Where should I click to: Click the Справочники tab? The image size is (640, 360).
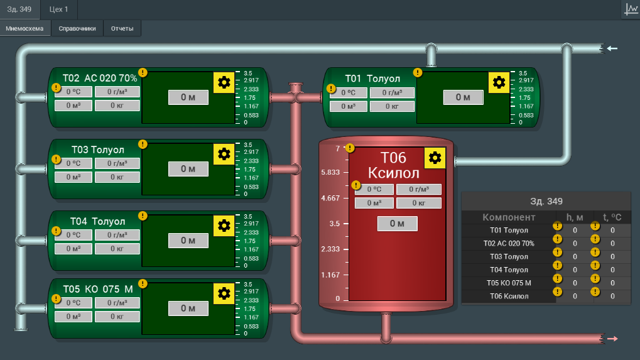click(x=77, y=28)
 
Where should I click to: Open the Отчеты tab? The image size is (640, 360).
click(x=122, y=28)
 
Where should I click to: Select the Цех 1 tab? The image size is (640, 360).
click(x=59, y=9)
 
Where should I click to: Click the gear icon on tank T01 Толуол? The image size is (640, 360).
click(x=499, y=83)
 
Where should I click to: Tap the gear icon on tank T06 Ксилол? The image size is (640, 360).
click(x=435, y=158)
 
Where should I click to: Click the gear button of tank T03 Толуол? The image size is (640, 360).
click(x=224, y=155)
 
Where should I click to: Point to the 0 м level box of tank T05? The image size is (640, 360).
click(x=188, y=308)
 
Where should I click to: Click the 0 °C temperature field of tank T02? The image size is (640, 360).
click(x=73, y=92)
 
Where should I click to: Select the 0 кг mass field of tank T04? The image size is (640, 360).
click(x=117, y=249)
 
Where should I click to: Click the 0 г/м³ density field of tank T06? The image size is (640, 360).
click(x=419, y=189)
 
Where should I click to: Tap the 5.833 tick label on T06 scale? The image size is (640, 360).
click(x=330, y=172)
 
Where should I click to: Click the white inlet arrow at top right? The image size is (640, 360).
click(x=612, y=48)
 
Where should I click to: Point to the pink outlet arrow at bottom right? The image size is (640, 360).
click(x=612, y=339)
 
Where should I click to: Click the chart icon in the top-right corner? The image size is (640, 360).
click(x=631, y=9)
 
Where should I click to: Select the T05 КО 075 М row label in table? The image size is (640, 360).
click(x=509, y=283)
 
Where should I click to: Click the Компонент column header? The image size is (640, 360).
click(x=509, y=217)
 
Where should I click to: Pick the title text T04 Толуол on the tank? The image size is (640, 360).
click(x=97, y=222)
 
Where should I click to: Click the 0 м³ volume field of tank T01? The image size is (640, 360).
click(x=348, y=107)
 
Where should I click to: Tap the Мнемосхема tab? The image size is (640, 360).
click(x=24, y=28)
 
